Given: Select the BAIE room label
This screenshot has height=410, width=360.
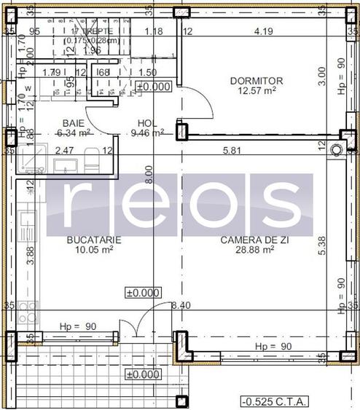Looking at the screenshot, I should point(73,123).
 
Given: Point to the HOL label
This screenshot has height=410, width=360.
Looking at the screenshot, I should point(148,123).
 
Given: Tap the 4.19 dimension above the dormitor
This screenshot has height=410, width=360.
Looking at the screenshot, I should point(263,31).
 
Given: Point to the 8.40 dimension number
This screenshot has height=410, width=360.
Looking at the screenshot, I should point(180,306).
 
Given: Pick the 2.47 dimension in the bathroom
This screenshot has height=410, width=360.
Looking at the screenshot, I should point(66,151).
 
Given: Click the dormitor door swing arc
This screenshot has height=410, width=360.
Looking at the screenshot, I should point(203,103).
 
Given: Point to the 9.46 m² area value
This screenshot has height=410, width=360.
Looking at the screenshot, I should point(147,133).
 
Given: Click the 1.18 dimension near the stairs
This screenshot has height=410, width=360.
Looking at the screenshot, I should point(153,31).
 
